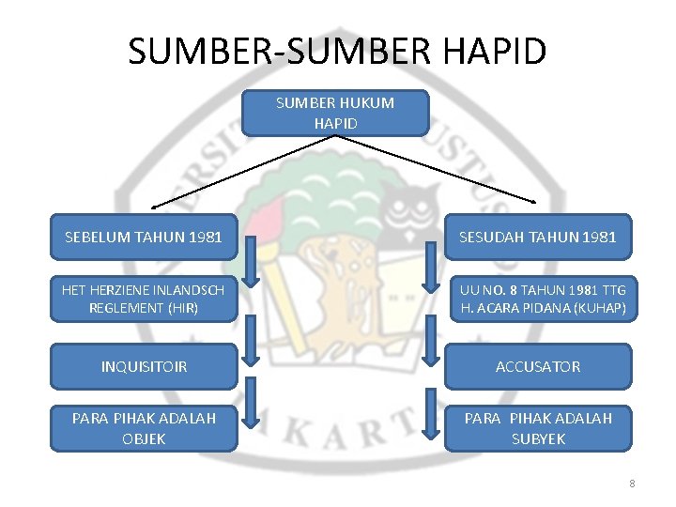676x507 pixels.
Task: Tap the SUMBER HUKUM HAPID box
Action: click(x=335, y=113)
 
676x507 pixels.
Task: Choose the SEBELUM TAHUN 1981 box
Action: click(x=144, y=237)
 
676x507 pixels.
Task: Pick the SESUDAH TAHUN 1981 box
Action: click(x=537, y=237)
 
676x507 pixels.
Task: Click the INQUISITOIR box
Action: click(x=144, y=366)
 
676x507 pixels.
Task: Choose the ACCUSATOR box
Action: click(x=537, y=366)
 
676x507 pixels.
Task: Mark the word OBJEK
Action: click(x=144, y=438)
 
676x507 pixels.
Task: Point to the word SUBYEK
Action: click(x=538, y=438)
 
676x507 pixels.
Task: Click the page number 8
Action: click(x=632, y=484)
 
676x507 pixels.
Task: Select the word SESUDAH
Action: click(x=494, y=237)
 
